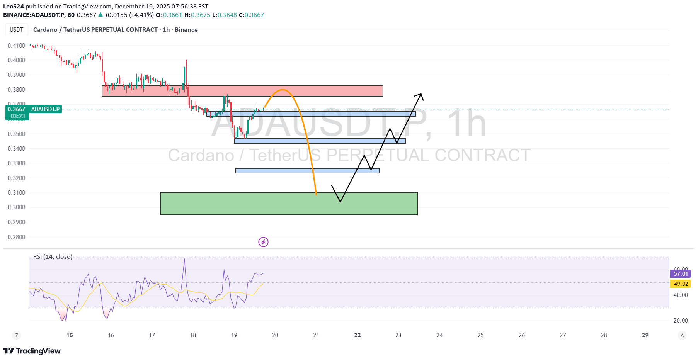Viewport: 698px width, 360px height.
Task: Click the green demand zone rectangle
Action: pos(289,204)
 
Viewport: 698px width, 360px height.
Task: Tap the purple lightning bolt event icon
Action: pos(263,242)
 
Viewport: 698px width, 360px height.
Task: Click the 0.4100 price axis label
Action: pos(16,46)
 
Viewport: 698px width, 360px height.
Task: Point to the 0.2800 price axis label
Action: pos(16,237)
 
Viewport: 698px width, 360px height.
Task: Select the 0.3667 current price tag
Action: pos(16,109)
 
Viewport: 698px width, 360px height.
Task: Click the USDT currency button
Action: pos(17,30)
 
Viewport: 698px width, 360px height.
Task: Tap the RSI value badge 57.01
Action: pos(680,274)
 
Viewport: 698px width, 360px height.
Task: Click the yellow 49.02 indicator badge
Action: pos(680,284)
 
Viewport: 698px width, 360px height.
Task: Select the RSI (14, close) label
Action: pos(53,257)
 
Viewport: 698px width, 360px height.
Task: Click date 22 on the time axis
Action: pos(358,335)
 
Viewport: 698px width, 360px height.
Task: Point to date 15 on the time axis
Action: pos(70,335)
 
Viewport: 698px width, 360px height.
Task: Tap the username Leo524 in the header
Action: pos(14,7)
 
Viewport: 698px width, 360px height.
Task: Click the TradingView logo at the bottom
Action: pos(32,351)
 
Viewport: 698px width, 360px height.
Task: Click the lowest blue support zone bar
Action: pos(307,171)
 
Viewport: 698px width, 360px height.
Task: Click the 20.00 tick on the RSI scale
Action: pos(681,321)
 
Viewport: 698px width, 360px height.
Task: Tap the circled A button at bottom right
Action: pos(682,335)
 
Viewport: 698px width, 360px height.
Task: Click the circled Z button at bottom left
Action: pos(16,335)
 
